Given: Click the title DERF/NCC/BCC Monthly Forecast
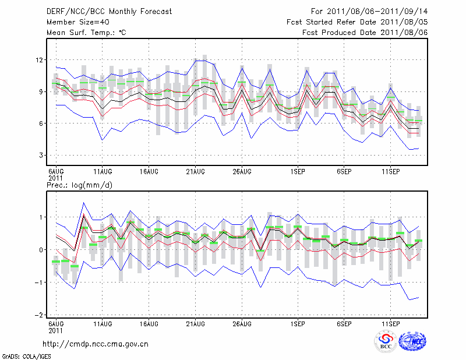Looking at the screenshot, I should [x=110, y=11].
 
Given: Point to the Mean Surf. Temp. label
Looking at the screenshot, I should [x=86, y=33].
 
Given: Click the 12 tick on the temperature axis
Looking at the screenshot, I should [x=40, y=60].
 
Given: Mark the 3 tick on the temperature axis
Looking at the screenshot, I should [x=41, y=156].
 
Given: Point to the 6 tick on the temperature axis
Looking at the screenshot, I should [x=41, y=123].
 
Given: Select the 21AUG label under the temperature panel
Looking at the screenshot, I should [x=195, y=171].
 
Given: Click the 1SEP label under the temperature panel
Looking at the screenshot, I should [x=298, y=171].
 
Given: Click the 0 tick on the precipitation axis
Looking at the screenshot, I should [x=41, y=250].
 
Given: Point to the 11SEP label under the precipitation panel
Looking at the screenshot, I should [x=390, y=323].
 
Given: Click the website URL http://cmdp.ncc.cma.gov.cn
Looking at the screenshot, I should [x=96, y=344].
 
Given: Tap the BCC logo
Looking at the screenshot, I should [x=385, y=342].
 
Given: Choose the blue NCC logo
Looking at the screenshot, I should [x=412, y=342].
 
